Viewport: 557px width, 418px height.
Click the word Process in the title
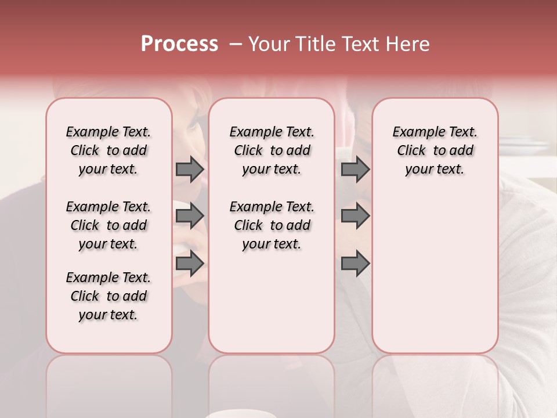coord(179,44)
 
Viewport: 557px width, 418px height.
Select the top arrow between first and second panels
coord(190,169)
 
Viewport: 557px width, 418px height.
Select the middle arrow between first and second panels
coord(190,216)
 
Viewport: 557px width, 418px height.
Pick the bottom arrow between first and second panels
coord(190,263)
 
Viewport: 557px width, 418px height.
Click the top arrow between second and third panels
coord(355,169)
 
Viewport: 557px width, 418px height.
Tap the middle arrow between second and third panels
coord(355,216)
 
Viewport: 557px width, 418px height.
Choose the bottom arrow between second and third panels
coord(355,263)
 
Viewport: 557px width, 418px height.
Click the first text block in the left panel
coord(108,150)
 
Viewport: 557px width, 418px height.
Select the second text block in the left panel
coord(108,225)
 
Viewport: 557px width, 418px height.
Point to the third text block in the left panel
coord(108,296)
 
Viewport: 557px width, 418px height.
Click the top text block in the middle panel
coord(272,150)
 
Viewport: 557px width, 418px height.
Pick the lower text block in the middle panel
coord(272,225)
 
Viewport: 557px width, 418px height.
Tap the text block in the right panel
coord(435,150)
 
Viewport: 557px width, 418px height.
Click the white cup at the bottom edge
coord(232,414)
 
